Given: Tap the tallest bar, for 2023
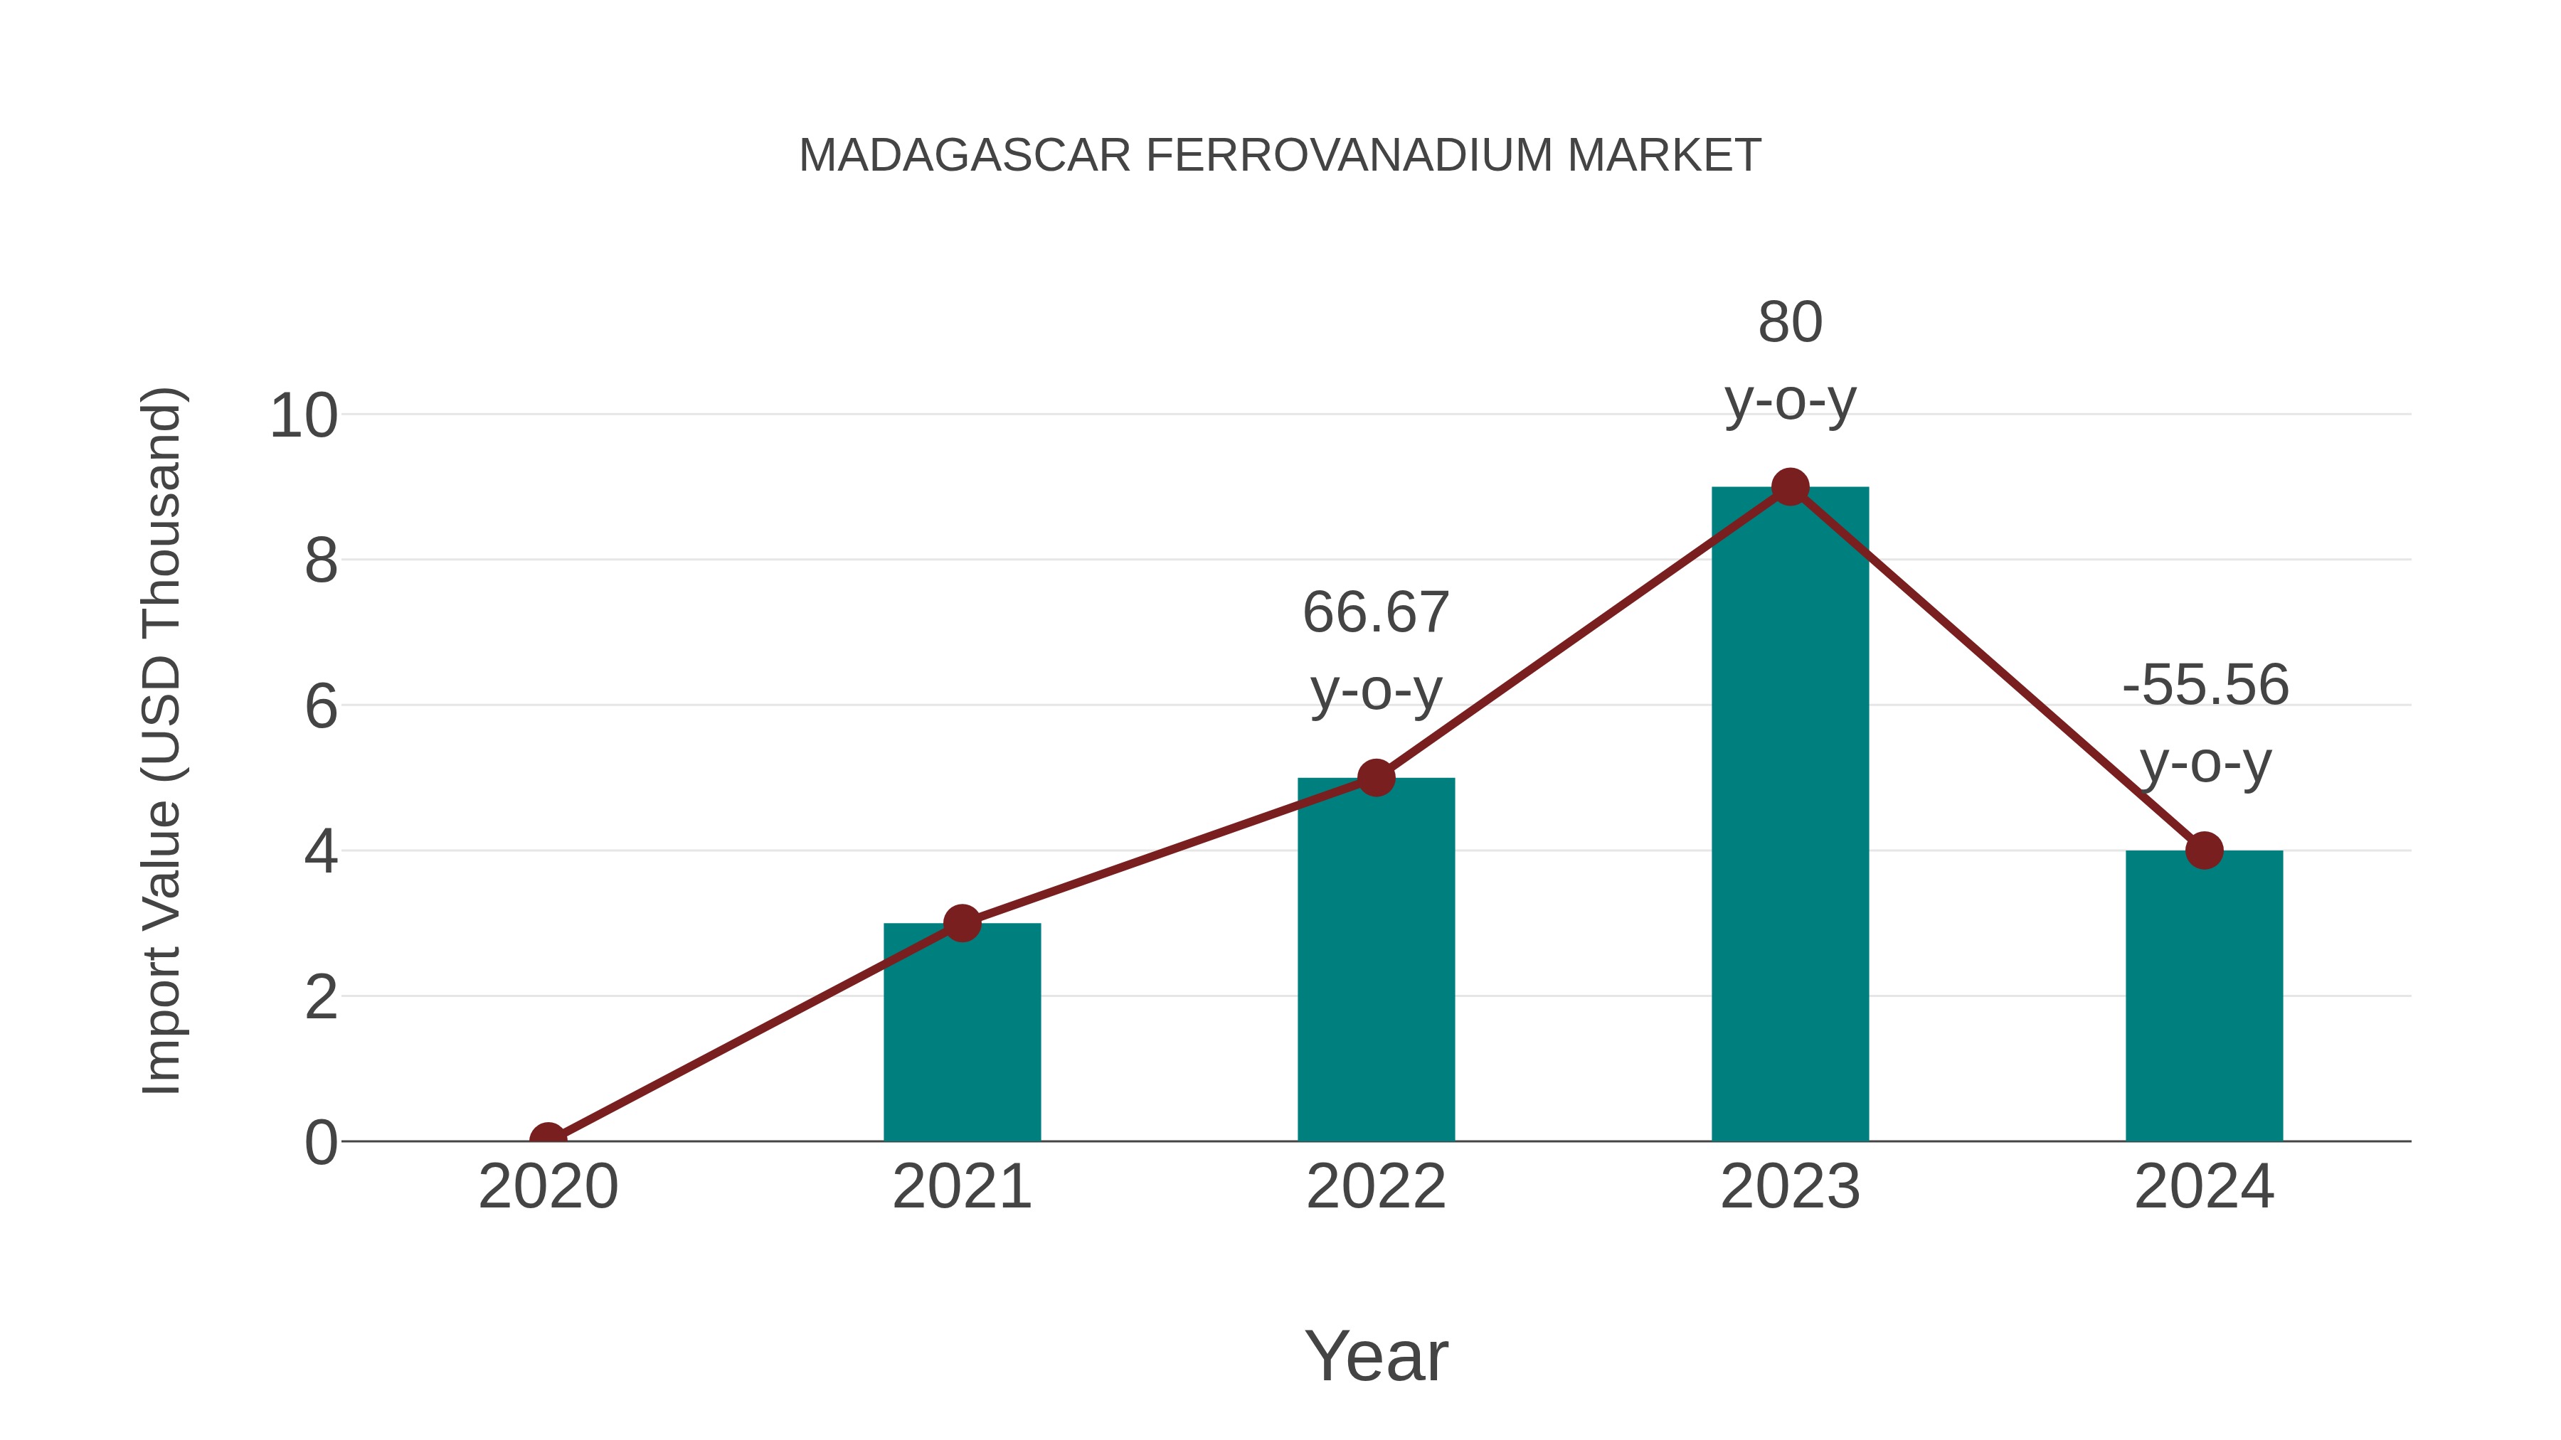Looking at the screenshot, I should (1790, 815).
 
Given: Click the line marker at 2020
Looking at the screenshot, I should (548, 1139).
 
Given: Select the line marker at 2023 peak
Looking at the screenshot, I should (1790, 487).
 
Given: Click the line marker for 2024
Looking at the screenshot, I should (2204, 850).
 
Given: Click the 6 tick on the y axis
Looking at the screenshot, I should (321, 707).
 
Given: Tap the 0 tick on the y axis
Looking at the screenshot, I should (321, 1142).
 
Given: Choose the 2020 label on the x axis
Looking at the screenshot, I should (548, 1187).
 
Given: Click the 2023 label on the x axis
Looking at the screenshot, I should (1790, 1187).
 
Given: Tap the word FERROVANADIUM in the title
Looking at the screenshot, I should (1348, 156).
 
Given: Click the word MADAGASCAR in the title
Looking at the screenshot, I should (965, 156).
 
